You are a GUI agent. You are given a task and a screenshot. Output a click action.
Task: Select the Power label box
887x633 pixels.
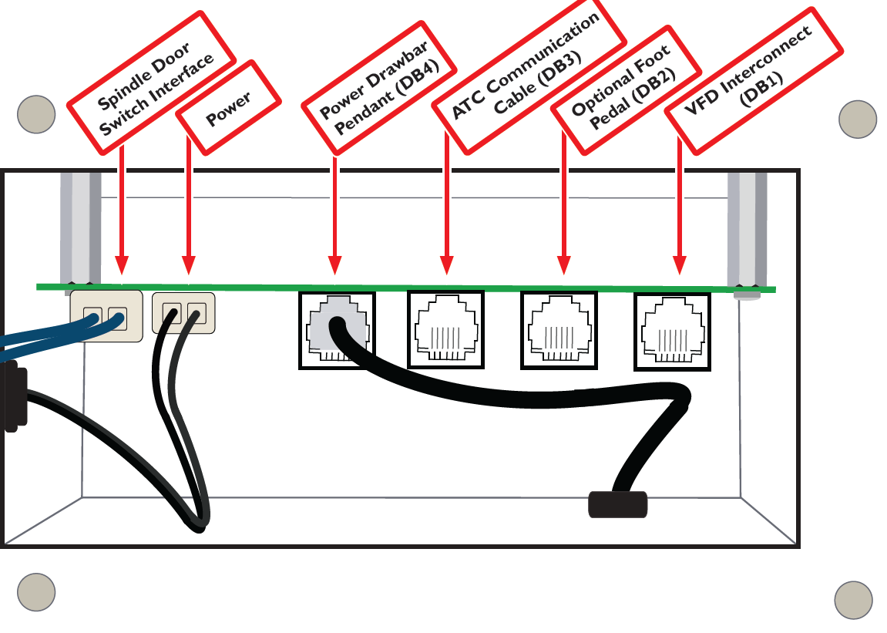[228, 109]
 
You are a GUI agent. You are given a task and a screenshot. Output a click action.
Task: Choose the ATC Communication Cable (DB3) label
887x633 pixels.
[528, 77]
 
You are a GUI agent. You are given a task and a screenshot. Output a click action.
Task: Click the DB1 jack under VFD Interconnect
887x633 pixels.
[671, 330]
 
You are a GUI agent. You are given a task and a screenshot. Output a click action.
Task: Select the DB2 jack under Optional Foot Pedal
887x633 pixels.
[559, 330]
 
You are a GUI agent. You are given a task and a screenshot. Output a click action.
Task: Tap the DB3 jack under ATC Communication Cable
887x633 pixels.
[445, 329]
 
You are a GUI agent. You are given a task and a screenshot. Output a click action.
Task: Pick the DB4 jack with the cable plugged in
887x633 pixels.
[336, 330]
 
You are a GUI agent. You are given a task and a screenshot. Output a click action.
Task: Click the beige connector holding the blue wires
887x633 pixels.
[106, 316]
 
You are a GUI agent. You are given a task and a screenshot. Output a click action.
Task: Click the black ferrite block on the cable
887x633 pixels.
[618, 503]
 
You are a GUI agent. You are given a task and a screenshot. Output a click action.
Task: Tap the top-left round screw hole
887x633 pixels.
[36, 114]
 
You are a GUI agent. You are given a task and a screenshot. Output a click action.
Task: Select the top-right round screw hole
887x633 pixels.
[857, 120]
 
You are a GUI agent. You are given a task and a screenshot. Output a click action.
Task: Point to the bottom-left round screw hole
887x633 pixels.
[36, 592]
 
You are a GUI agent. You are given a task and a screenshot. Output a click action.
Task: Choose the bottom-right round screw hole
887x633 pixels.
[854, 600]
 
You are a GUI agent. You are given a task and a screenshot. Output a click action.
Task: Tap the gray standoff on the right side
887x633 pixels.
[747, 231]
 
